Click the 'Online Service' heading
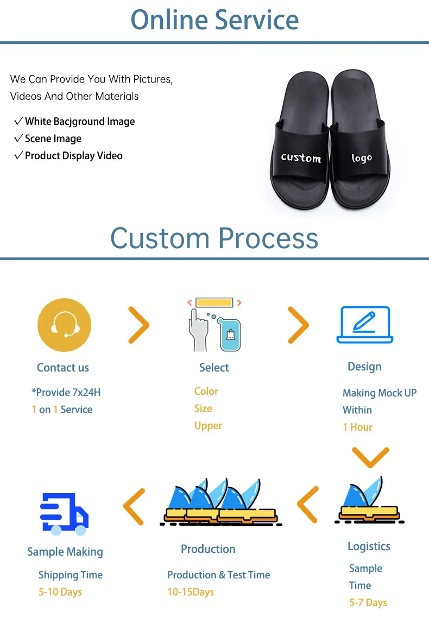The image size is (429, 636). point(214,20)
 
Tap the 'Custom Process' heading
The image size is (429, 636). point(214,238)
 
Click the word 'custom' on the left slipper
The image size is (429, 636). point(301,158)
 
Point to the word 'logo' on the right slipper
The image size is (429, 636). point(362,158)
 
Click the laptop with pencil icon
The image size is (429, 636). point(364,324)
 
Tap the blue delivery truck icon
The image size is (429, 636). point(65,514)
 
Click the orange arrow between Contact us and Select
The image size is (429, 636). point(138,325)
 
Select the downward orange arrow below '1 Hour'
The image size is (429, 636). point(370,457)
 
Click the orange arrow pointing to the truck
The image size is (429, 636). point(134,506)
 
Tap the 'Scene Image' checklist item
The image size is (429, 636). point(53,138)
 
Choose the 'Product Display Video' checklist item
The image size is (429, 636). point(73,156)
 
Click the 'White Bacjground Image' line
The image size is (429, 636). point(79,122)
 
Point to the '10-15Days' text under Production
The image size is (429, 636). point(191,592)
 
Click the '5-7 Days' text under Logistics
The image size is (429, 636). point(368,602)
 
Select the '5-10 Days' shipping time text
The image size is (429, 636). point(60,592)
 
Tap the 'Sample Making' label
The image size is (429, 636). point(65,552)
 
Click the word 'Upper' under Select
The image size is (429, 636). point(209,426)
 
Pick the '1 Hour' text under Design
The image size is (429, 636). point(357,427)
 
